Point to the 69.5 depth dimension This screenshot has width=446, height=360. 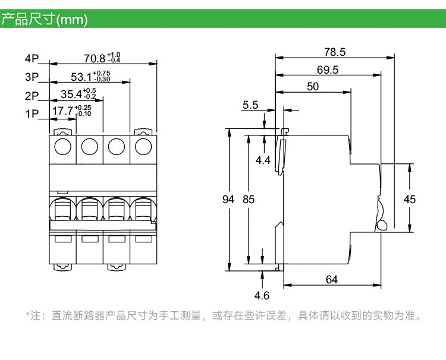(x=327, y=70)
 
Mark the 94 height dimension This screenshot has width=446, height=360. (x=228, y=200)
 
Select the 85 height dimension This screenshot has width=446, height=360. (x=249, y=200)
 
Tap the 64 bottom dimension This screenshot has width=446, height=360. (x=332, y=279)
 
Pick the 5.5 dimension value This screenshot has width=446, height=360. (x=250, y=105)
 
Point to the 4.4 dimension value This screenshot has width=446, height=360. (x=263, y=160)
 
